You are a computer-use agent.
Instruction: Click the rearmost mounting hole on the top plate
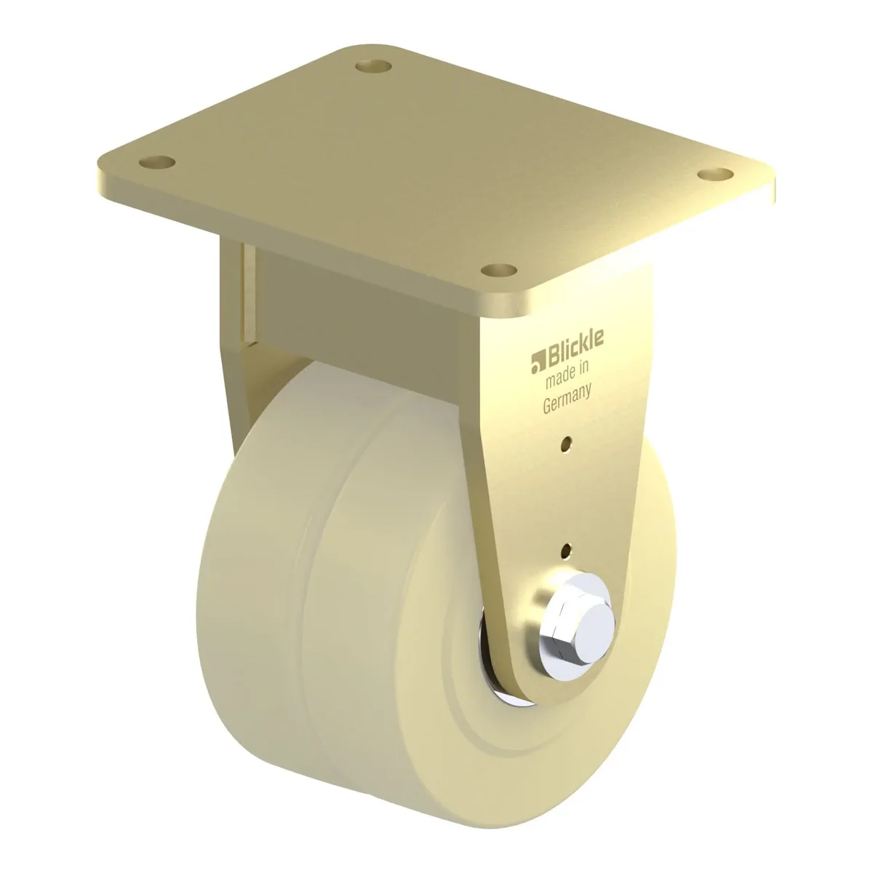374,67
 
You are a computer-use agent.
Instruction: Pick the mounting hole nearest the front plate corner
499,271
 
